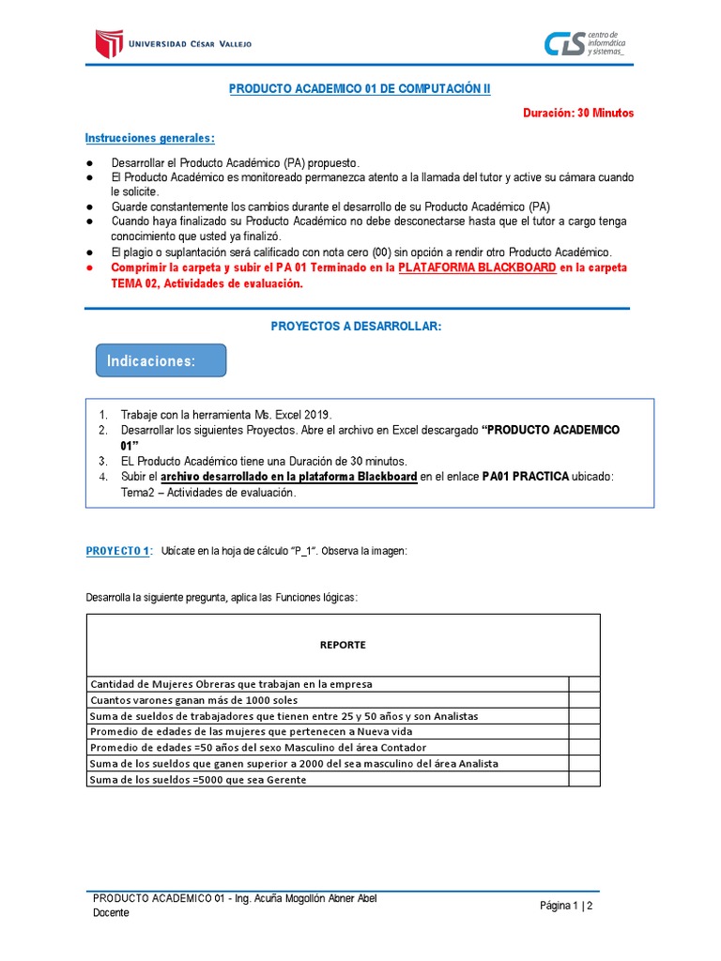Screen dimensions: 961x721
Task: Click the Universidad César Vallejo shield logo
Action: tap(109, 42)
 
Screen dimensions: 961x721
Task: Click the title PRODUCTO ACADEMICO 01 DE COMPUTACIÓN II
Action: tap(360, 88)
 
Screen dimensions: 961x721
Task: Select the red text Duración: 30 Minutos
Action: tap(578, 113)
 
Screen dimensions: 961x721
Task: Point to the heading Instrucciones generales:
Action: tap(149, 138)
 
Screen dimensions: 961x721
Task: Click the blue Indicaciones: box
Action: tap(161, 361)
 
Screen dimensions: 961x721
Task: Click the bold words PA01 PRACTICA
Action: tap(526, 477)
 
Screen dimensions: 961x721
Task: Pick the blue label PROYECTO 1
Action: tap(117, 551)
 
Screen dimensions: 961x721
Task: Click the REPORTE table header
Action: tap(343, 645)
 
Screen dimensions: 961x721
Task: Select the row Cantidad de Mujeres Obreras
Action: tap(231, 684)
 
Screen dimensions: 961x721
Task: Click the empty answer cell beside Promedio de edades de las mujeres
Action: tap(584, 731)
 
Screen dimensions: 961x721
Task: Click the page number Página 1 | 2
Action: tap(566, 906)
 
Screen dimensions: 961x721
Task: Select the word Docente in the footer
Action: tap(112, 913)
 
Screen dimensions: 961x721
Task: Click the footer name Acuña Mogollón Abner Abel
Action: tap(313, 898)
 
